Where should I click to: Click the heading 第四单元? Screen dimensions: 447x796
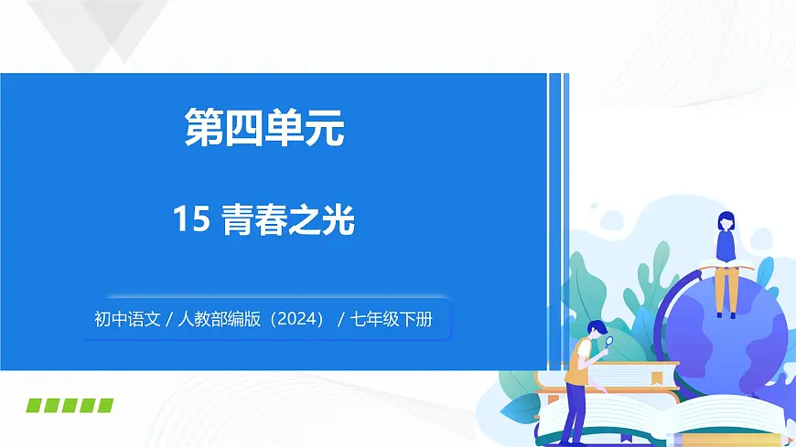(x=264, y=128)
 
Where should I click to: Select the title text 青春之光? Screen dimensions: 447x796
(x=288, y=220)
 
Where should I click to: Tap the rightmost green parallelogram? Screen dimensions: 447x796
(x=104, y=405)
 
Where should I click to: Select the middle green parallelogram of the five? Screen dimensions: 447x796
(x=70, y=405)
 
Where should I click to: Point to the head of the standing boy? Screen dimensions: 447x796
(x=595, y=328)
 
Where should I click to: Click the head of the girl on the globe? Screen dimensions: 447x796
(x=726, y=220)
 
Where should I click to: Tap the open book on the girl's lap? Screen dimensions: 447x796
(x=726, y=267)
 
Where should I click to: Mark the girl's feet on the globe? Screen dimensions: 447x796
(x=726, y=314)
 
